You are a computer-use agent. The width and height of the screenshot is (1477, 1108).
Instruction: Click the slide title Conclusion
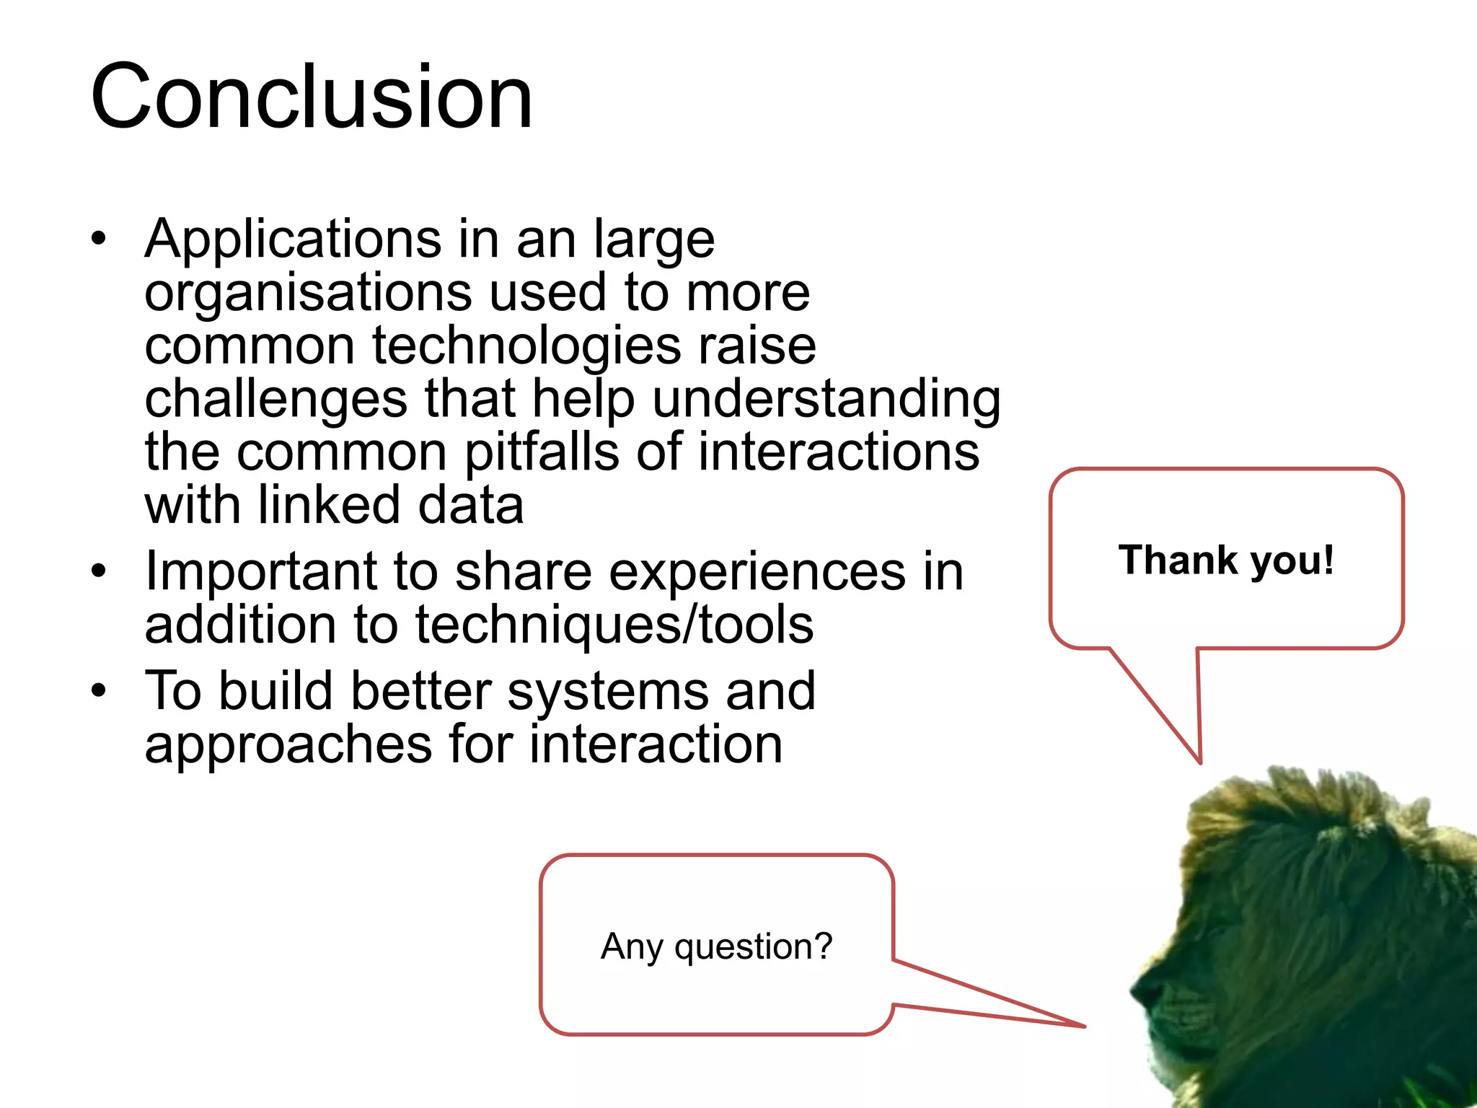312,97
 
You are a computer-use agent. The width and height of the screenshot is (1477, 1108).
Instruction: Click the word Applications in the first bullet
293,239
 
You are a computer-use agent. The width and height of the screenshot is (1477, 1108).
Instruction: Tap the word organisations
309,293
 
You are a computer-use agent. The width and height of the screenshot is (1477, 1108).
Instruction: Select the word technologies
526,346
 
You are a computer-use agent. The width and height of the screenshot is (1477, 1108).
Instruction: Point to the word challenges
275,400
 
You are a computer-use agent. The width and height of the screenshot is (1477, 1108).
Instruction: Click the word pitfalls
542,453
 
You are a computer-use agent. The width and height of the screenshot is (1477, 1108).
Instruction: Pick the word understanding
826,400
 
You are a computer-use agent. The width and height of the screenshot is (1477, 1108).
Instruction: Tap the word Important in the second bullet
261,571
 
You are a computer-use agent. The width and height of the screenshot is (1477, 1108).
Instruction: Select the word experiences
757,571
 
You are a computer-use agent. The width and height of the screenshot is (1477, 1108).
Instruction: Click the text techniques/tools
614,625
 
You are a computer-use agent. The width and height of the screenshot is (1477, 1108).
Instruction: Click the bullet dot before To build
99,690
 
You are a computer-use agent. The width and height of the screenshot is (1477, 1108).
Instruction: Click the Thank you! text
1226,560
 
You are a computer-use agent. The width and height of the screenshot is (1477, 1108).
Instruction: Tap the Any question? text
716,946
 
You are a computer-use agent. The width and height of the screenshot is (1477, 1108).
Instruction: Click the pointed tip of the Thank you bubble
1200,762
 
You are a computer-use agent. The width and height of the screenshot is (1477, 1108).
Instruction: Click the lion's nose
1139,988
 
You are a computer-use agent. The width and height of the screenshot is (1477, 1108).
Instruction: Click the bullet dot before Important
99,571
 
